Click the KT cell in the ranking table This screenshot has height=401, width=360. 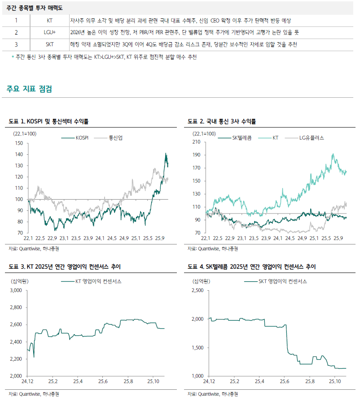[49, 21]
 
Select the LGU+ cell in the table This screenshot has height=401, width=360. [49, 32]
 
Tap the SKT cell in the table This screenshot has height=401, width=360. [49, 44]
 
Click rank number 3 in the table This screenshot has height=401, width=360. [16, 44]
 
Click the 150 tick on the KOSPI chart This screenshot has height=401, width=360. [18, 143]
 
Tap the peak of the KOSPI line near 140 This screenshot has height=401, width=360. [166, 154]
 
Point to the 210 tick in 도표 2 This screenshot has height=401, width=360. [197, 142]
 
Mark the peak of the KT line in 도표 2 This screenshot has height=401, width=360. [333, 154]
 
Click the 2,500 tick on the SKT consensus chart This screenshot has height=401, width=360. [197, 291]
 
